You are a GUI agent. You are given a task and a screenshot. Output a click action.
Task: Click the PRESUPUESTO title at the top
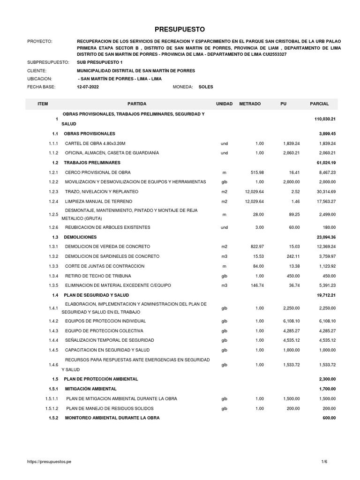tap(180, 29)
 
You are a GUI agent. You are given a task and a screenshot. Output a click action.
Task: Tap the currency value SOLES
tap(205, 87)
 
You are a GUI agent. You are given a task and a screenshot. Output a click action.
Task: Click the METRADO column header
tap(249, 103)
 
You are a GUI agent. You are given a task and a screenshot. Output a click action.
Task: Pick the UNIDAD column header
tap(224, 103)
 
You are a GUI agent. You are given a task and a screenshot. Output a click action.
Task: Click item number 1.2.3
tap(53, 192)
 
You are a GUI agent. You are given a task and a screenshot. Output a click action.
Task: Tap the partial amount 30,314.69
tap(325, 192)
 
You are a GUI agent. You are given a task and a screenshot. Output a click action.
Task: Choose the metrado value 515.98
tap(257, 172)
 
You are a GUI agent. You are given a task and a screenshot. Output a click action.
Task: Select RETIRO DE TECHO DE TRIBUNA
tap(98, 276)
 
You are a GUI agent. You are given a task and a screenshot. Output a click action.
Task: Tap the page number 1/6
tap(324, 463)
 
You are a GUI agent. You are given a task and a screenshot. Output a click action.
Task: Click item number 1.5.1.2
tap(52, 408)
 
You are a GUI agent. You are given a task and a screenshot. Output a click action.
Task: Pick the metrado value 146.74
tap(257, 285)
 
